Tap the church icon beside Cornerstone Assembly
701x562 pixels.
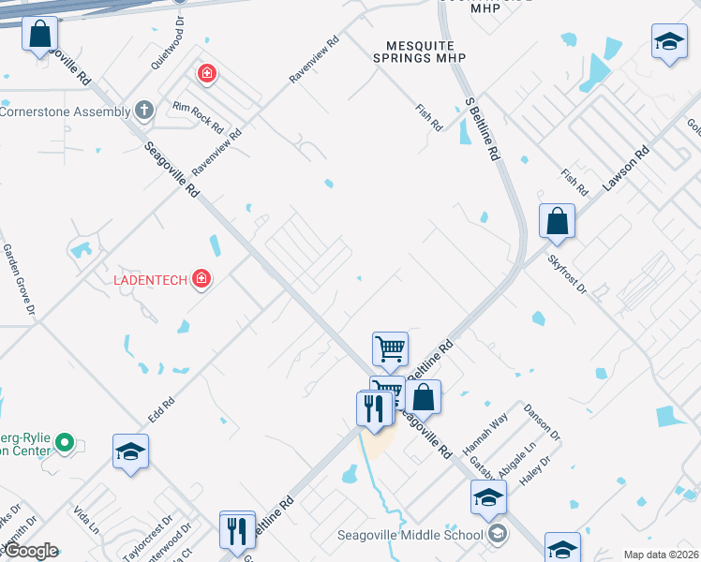coord(143,111)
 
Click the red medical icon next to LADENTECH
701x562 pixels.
coord(201,278)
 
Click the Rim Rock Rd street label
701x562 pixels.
coord(198,118)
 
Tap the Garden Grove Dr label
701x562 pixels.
coord(19,278)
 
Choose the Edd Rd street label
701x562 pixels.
coord(161,407)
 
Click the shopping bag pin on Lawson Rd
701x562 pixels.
coord(557,222)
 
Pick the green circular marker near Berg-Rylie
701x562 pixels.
coord(65,441)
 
